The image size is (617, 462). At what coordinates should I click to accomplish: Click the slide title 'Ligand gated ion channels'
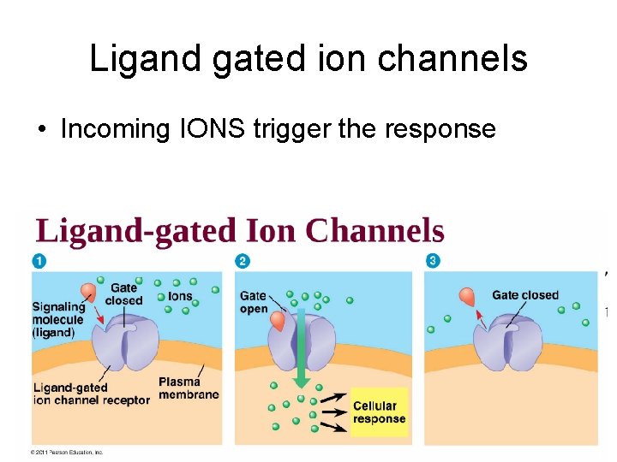pos(308,59)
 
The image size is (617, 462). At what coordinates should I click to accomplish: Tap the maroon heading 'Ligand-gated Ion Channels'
pos(240,231)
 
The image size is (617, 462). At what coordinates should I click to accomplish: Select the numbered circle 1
pos(39,260)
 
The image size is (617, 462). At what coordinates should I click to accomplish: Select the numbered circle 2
pos(243,260)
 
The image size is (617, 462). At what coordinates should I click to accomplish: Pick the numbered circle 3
pos(433,260)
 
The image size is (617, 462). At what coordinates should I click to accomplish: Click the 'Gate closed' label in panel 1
pos(123,294)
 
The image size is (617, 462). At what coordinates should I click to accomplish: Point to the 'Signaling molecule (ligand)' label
pos(58,318)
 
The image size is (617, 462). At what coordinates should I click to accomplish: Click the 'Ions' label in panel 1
pos(180,296)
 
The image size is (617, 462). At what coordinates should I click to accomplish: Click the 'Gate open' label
pos(254,302)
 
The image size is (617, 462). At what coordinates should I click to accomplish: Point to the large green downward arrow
pos(300,351)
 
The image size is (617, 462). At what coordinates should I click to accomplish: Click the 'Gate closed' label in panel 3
pos(524,295)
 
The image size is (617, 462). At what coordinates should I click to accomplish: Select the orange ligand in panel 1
pos(88,293)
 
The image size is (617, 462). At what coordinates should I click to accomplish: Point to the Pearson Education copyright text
pos(67,452)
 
